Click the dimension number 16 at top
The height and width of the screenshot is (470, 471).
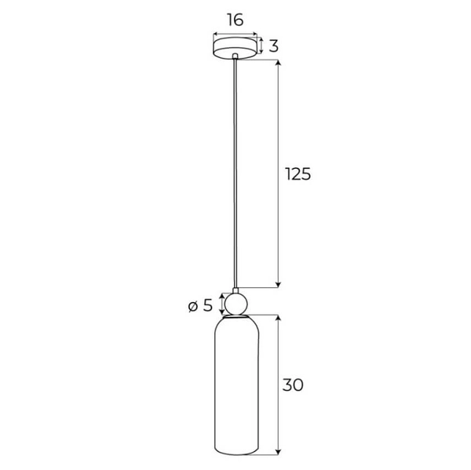[x=235, y=20]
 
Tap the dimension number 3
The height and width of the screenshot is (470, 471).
[x=274, y=46]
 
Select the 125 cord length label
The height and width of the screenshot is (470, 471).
[x=297, y=174]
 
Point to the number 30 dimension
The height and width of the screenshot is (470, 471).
[x=292, y=385]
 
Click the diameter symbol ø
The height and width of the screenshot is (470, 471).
[x=195, y=306]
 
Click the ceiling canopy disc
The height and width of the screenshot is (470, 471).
[x=235, y=48]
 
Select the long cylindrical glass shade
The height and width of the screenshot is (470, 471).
[x=235, y=384]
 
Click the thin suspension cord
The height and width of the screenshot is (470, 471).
[x=235, y=173]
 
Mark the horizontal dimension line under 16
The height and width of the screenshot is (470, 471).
[x=235, y=34]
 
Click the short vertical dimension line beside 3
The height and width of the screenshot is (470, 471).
[x=262, y=46]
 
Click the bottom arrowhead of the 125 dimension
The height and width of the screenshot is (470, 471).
[x=278, y=285]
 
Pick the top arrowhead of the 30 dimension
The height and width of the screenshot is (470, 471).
[x=278, y=318]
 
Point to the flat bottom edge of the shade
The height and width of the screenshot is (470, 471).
[x=235, y=453]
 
